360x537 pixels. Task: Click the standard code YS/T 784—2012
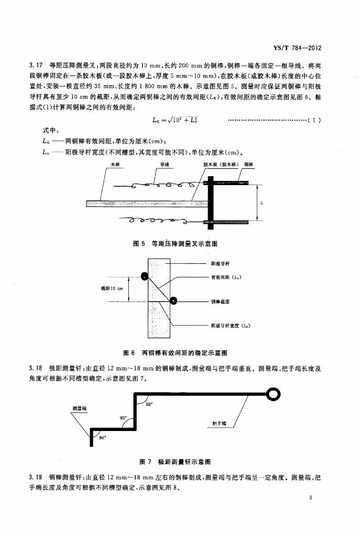[x=297, y=48]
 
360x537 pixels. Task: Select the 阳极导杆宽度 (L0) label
[x=230, y=326]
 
